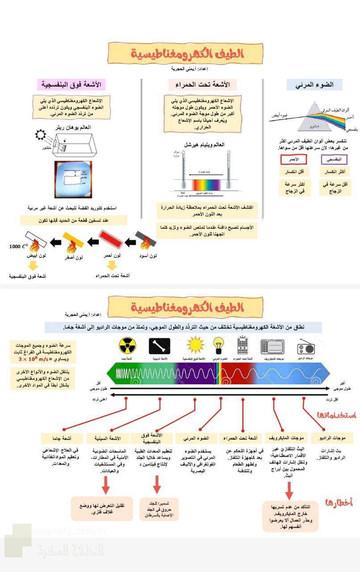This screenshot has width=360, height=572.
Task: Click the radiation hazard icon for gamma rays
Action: tap(127, 346)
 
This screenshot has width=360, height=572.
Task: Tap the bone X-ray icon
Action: tap(159, 346)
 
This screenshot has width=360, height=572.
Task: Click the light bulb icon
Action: tap(219, 345)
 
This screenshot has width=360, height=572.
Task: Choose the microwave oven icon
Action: tap(272, 346)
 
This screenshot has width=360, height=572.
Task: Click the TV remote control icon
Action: tap(243, 345)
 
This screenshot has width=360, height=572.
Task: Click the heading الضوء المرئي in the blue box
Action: tap(314, 85)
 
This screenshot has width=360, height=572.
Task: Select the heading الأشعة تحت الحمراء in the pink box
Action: tap(203, 84)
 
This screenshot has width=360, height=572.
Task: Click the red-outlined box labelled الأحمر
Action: tap(293, 159)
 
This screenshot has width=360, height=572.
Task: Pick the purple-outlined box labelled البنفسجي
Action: tap(334, 159)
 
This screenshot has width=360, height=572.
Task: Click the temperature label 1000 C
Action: tap(19, 246)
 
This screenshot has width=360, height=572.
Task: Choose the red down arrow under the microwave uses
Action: tap(289, 490)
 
